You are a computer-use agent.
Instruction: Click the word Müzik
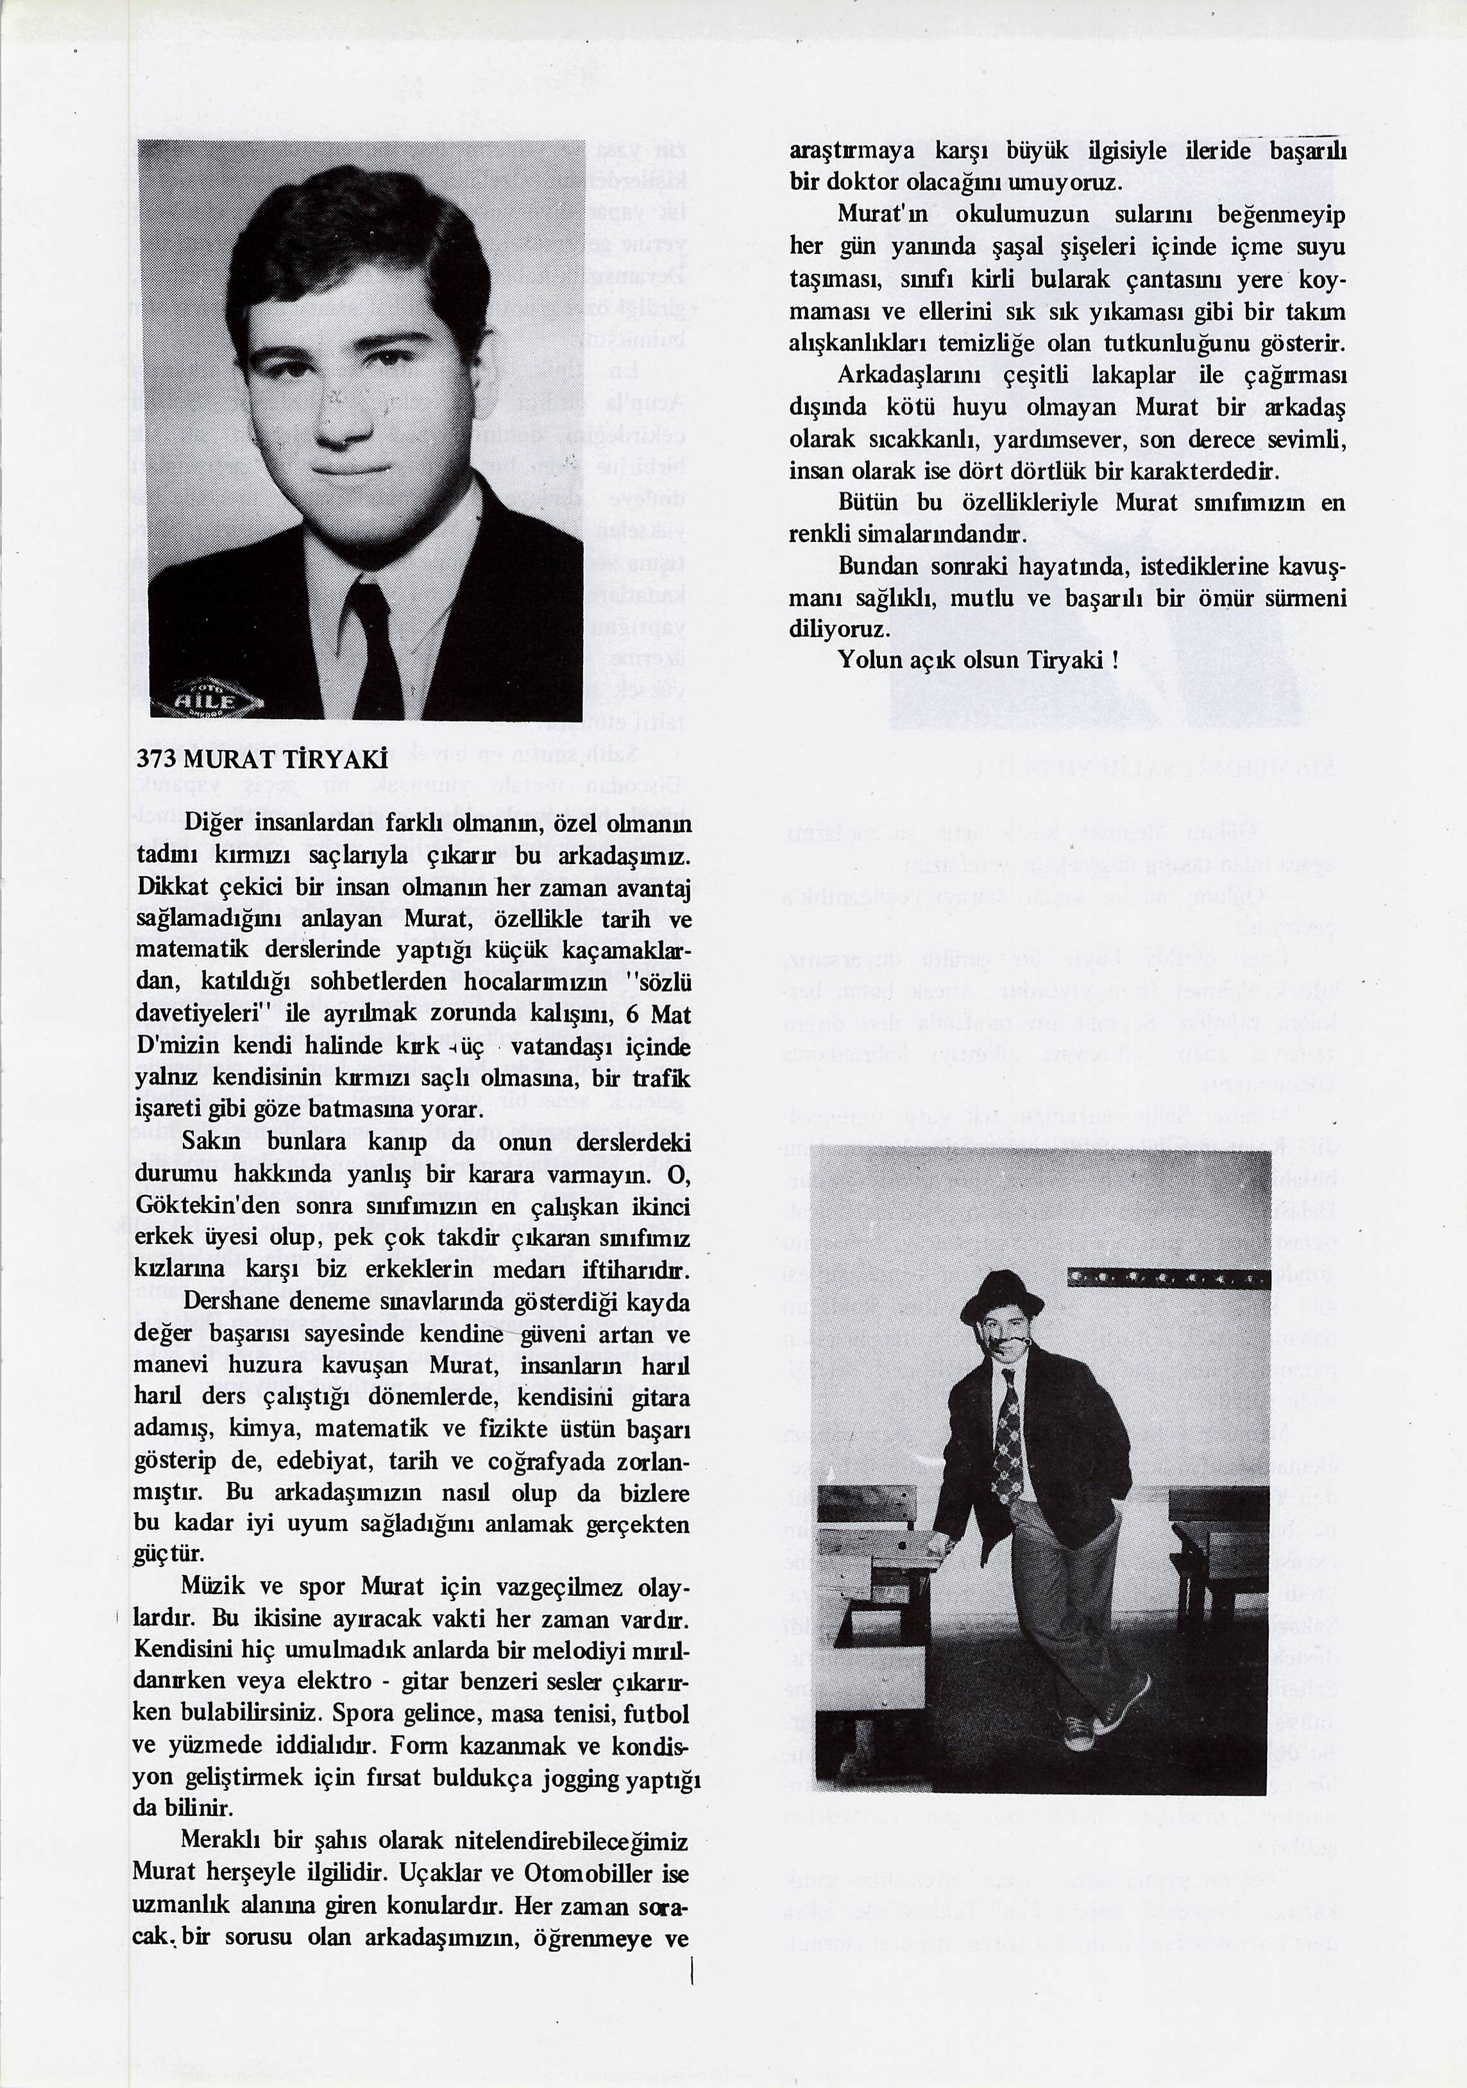(210, 1589)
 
